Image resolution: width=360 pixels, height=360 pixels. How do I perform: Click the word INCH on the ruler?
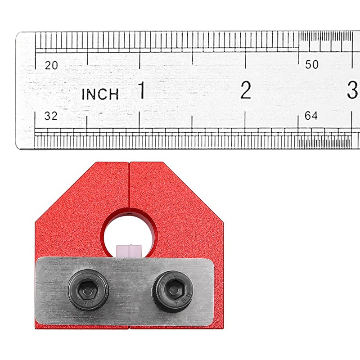[x=100, y=94]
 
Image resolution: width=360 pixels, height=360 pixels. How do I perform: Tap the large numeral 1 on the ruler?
[x=141, y=91]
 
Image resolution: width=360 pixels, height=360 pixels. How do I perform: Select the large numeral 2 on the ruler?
[x=245, y=91]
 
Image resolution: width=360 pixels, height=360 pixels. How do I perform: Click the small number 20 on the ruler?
[x=52, y=65]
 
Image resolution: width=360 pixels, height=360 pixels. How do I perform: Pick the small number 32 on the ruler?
[x=51, y=116]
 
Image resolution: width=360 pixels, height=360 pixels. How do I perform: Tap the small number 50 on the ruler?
[x=311, y=65]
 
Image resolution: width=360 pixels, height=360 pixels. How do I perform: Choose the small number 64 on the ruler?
[x=311, y=116]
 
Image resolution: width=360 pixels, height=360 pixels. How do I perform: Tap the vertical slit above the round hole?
[x=129, y=184]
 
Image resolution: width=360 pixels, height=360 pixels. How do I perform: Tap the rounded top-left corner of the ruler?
[x=19, y=36]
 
